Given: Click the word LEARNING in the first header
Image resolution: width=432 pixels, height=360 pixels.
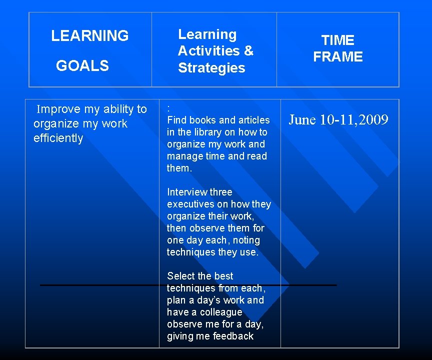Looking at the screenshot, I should tap(90, 36).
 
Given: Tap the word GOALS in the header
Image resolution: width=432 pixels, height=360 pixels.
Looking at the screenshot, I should tap(82, 65).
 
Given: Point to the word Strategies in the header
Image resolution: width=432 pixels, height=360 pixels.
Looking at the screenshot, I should tap(211, 68).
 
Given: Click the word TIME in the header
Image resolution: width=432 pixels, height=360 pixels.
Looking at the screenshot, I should tap(337, 40).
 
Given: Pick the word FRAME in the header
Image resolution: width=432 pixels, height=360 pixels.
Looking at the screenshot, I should tap(337, 57).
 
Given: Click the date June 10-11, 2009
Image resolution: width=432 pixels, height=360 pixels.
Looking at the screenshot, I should tap(338, 119).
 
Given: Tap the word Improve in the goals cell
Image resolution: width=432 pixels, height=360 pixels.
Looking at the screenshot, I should tap(57, 109).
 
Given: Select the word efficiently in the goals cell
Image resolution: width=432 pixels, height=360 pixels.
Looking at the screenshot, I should tap(58, 138).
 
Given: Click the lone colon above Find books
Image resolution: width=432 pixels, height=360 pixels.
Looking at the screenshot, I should tap(169, 108).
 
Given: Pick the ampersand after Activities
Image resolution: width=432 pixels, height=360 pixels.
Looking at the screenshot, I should tap(248, 51).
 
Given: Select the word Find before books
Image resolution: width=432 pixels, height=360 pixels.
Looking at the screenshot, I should tap(176, 120).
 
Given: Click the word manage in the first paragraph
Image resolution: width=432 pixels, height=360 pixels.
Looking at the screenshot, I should tap(183, 156).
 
